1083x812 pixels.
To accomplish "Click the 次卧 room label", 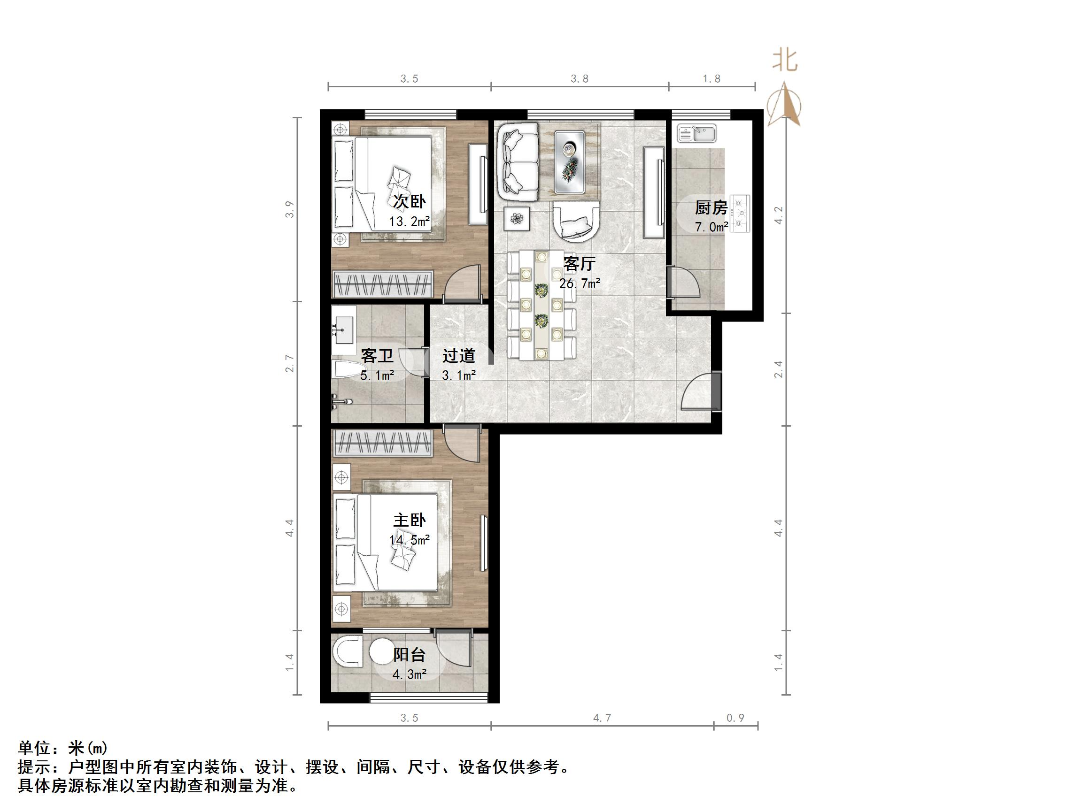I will coord(410,201).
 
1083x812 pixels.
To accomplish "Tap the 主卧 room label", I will coord(410,520).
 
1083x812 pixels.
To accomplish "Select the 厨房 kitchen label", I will coord(711,207).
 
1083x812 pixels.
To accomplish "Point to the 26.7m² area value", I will coord(580,283).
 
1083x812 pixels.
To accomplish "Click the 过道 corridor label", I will coord(459,356).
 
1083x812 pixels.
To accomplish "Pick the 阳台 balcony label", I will coord(410,655).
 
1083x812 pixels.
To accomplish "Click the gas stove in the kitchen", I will coord(739,214).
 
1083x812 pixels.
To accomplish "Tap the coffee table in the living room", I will coord(569,161).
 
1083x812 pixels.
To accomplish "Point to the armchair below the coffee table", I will coord(576,222).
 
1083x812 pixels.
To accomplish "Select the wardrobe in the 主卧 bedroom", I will coord(382,443).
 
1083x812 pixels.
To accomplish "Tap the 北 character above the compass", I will coord(785,61).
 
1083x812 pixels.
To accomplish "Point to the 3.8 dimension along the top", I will coord(580,79).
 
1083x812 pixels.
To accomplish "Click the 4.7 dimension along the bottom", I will coord(602,718).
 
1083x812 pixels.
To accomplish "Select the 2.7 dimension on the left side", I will coord(290,364).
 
